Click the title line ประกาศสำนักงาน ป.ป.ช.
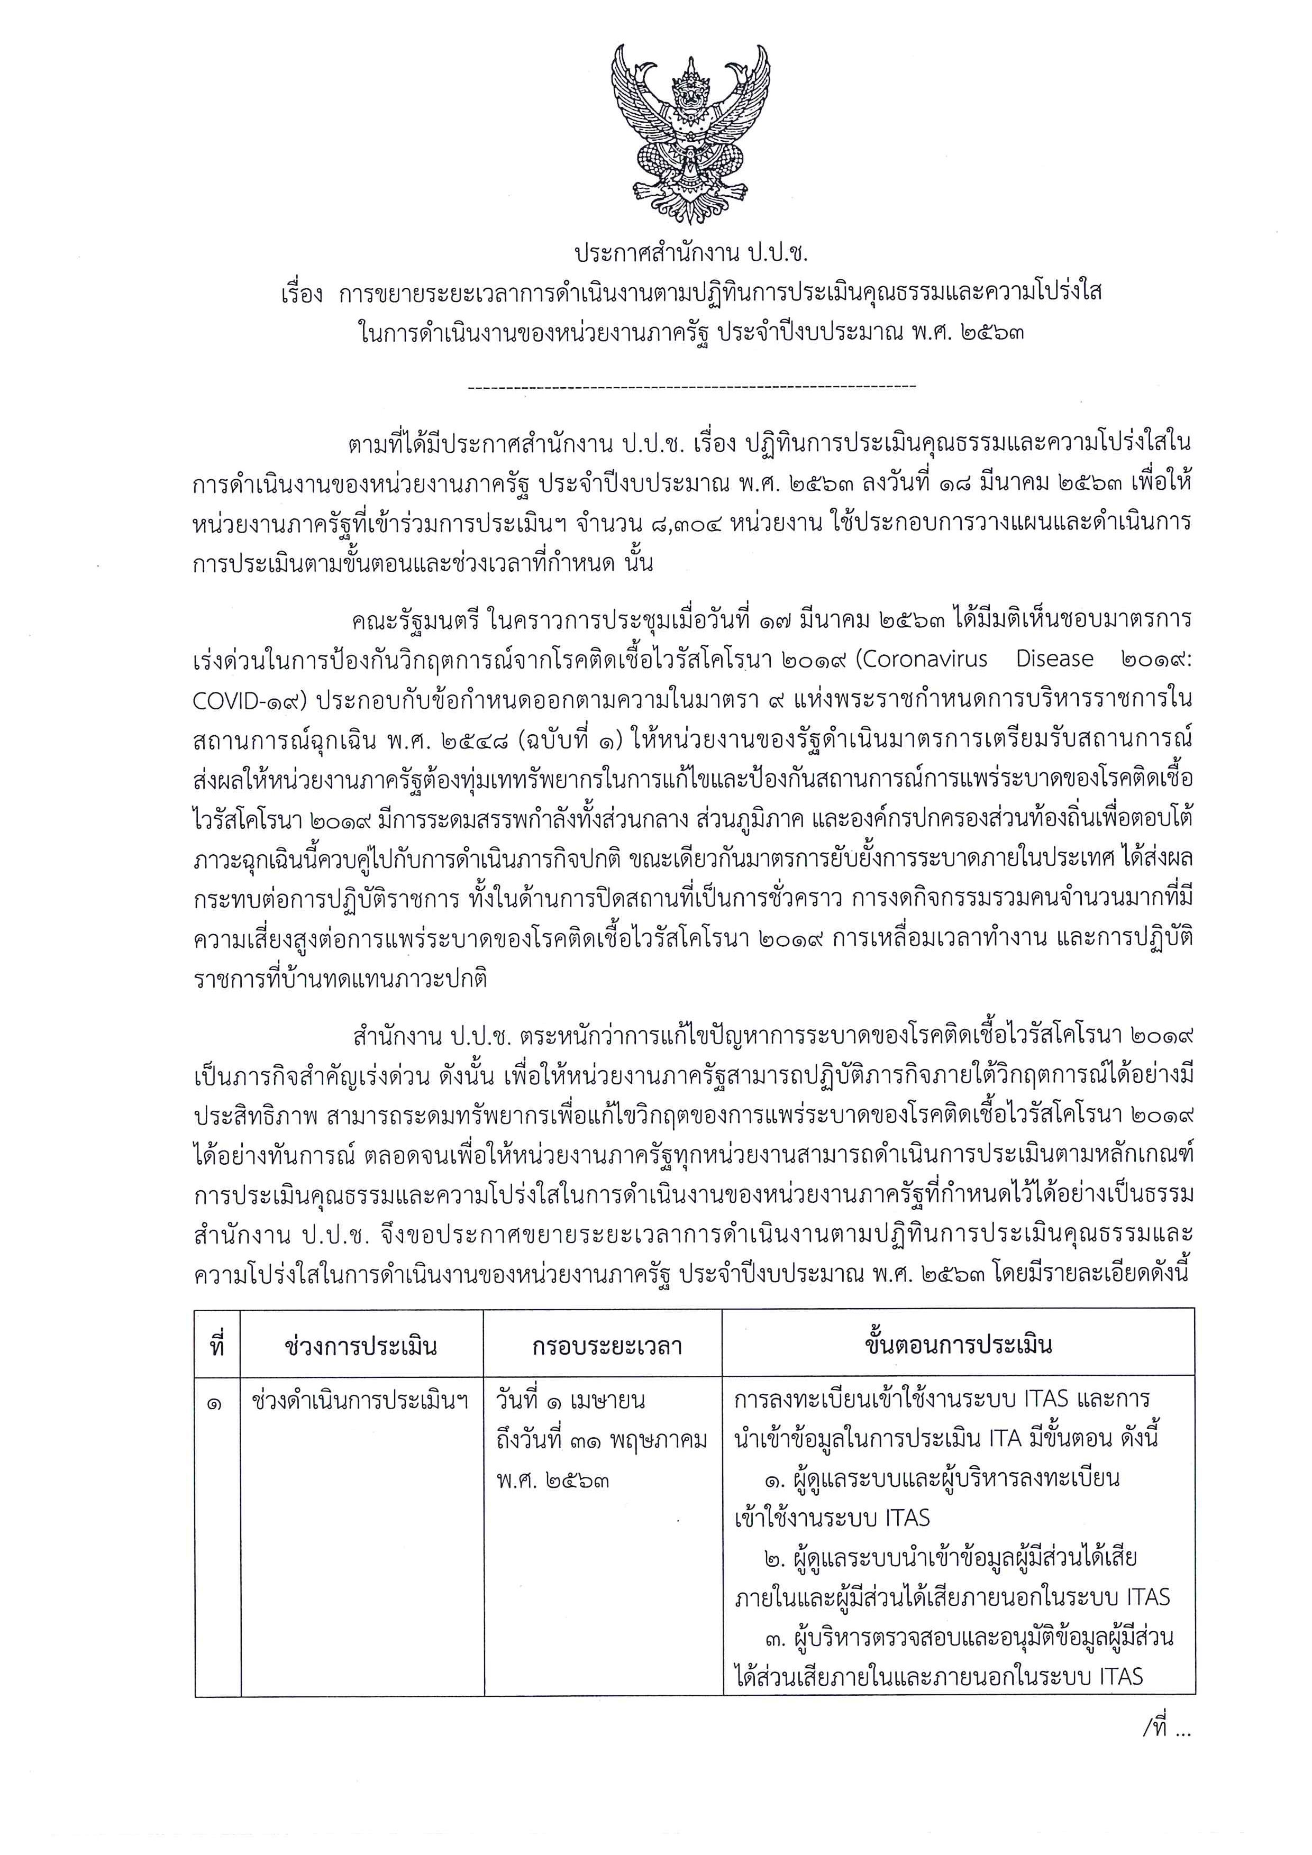point(691,254)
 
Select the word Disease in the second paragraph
point(1054,659)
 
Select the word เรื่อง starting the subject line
point(302,293)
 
